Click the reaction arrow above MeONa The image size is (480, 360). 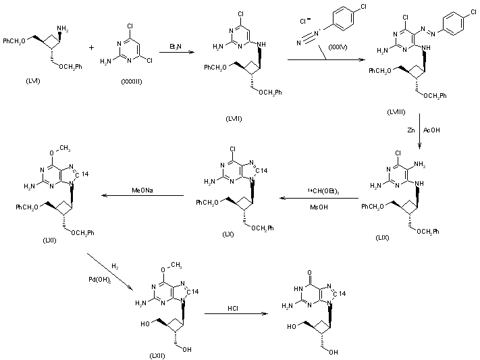click(x=143, y=197)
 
